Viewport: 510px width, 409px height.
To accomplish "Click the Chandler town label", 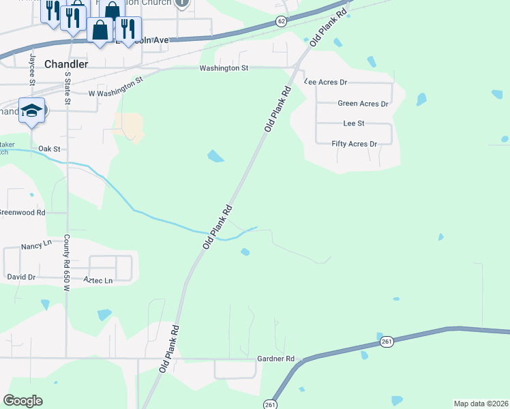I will click(65, 63).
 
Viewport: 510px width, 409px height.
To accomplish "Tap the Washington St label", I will click(224, 68).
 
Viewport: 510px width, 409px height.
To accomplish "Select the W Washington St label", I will click(116, 87).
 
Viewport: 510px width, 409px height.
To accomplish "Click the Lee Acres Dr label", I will click(326, 81).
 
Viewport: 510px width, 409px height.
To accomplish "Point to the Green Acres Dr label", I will click(363, 104).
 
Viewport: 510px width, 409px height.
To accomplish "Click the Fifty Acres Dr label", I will click(354, 144).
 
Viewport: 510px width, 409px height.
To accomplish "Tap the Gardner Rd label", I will click(275, 359).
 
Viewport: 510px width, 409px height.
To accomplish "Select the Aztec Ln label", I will click(98, 280).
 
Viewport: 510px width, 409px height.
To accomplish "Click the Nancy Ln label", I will click(36, 245).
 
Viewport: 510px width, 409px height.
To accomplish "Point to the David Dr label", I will click(21, 277).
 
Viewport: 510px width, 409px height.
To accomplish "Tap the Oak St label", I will click(49, 148).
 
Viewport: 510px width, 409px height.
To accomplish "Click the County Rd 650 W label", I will click(67, 254).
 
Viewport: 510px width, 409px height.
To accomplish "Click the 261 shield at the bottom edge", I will click(271, 404).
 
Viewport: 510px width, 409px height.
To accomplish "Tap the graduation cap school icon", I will click(31, 110).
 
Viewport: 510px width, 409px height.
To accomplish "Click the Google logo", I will click(22, 400).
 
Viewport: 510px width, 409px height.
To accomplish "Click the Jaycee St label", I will click(32, 67).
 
